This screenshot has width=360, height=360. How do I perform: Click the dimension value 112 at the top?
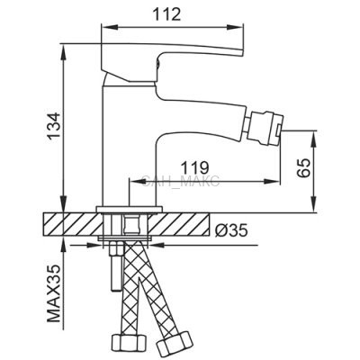click(x=166, y=14)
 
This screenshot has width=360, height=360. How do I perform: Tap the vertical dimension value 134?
click(x=55, y=126)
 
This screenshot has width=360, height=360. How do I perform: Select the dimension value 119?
click(x=194, y=167)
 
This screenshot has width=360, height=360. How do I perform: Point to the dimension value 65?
click(x=303, y=168)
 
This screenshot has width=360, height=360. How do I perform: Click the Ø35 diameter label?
click(x=231, y=230)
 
